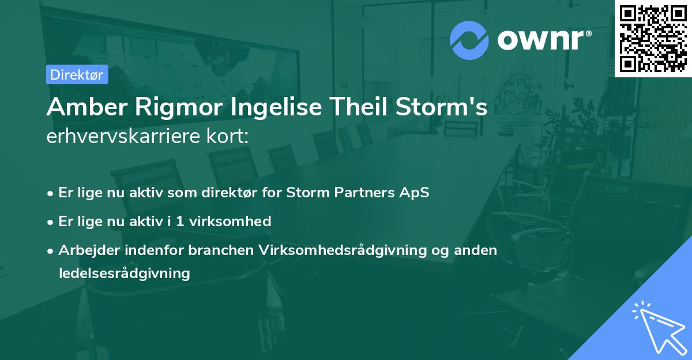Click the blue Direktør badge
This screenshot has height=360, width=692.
pyautogui.click(x=77, y=74)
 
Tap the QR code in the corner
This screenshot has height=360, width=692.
pyautogui.click(x=653, y=38)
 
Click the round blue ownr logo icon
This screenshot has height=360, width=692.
pyautogui.click(x=469, y=40)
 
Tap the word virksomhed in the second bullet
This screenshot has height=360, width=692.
pyautogui.click(x=236, y=221)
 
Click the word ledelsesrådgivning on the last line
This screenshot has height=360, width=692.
pyautogui.click(x=124, y=273)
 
